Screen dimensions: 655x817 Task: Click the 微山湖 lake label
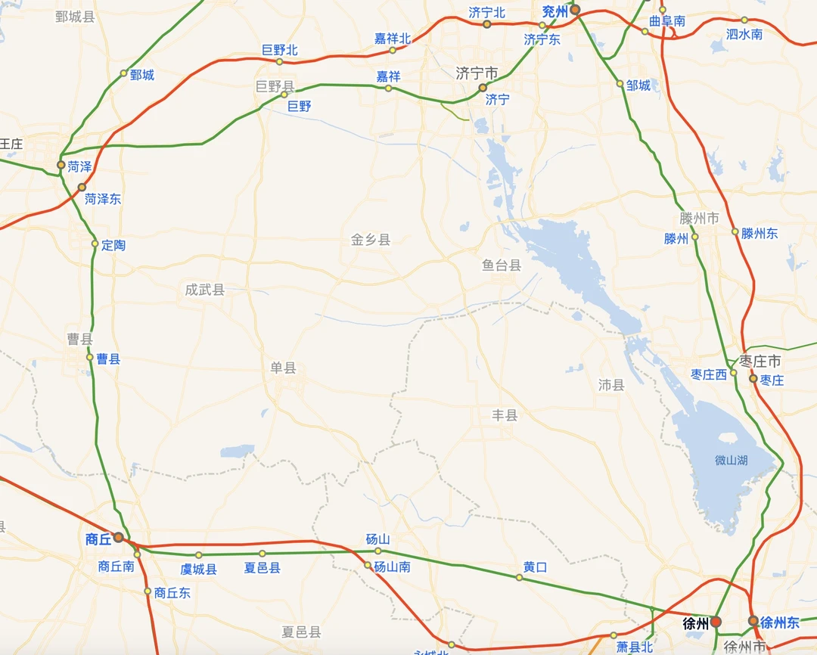click(731, 460)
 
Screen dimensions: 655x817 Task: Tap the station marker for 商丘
click(119, 537)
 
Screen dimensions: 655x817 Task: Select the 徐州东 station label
click(780, 622)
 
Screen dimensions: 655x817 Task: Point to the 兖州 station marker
click(575, 10)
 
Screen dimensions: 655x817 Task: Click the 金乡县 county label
click(371, 240)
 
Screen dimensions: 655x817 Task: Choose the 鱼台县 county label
click(502, 265)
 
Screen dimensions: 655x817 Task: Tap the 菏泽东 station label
click(103, 199)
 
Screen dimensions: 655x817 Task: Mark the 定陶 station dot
click(95, 244)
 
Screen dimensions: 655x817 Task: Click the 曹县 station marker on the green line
click(90, 358)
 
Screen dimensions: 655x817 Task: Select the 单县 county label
click(284, 368)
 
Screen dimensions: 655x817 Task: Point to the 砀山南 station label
click(393, 566)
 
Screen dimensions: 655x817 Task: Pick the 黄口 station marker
click(519, 577)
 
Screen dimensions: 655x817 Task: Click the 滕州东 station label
click(760, 233)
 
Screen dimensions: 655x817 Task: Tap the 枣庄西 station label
click(709, 374)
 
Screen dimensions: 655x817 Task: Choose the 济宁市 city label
click(477, 73)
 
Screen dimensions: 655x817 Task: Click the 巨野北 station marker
click(279, 61)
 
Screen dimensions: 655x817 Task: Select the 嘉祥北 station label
click(393, 38)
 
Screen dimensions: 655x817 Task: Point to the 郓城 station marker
click(124, 73)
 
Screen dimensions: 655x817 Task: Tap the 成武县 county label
click(205, 289)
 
